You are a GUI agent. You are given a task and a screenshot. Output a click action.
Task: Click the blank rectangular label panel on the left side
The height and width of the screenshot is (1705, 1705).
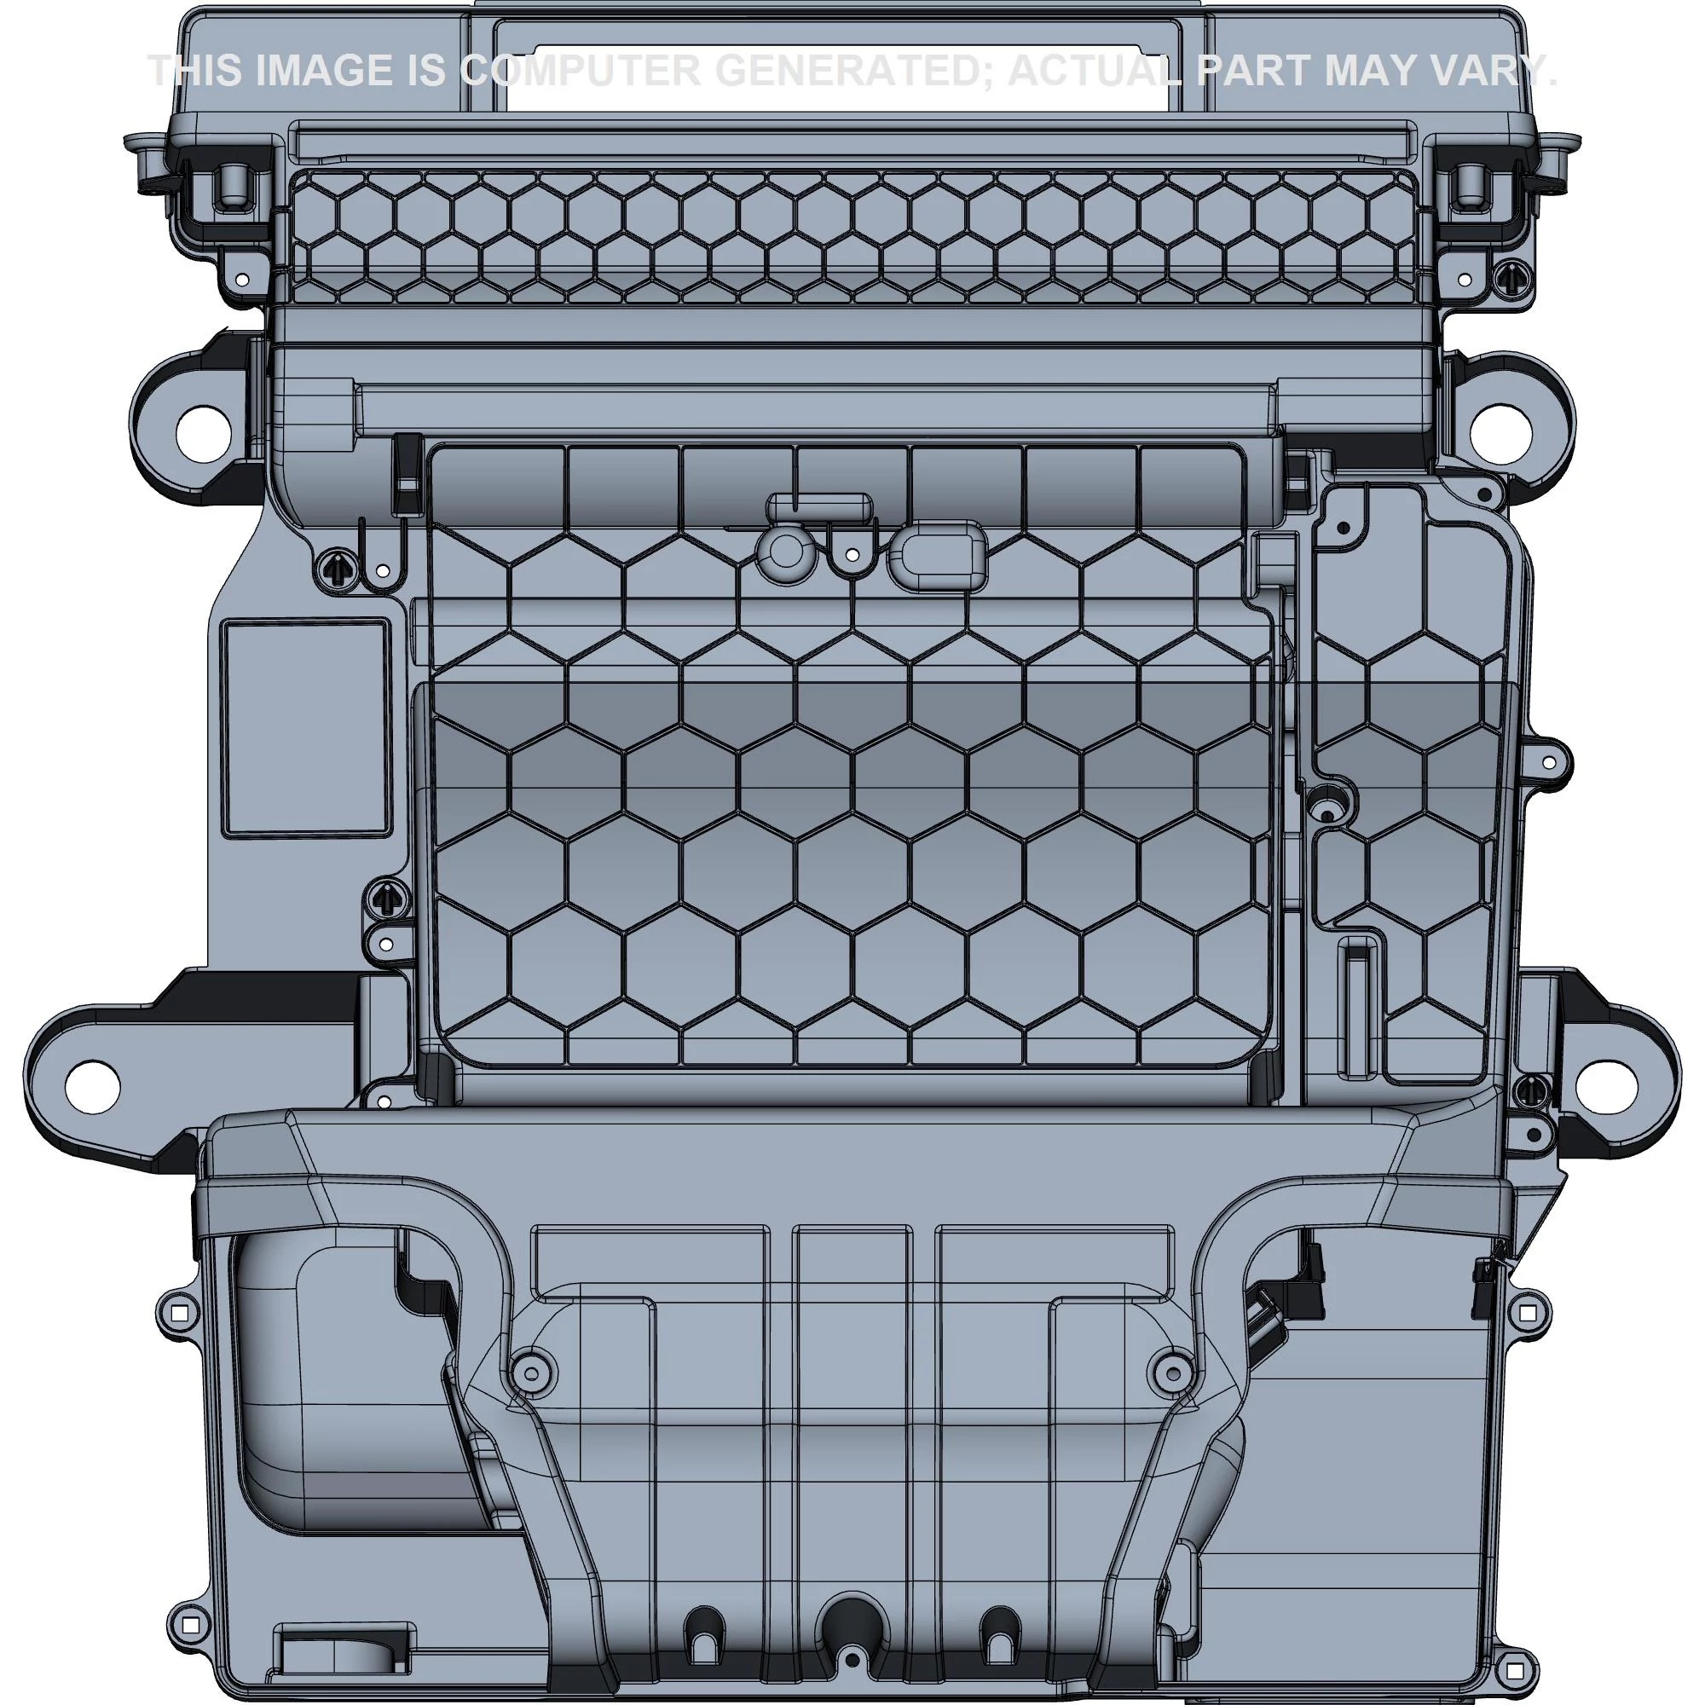click(x=304, y=726)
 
